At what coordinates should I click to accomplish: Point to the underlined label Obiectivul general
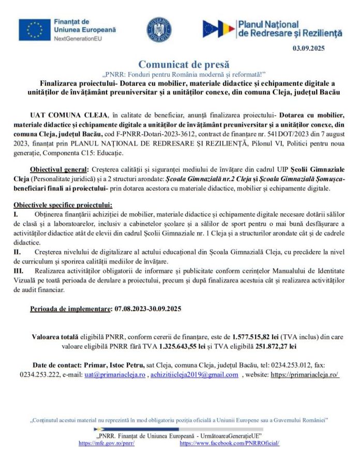(59, 169)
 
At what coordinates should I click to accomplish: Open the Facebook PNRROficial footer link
(230, 444)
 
